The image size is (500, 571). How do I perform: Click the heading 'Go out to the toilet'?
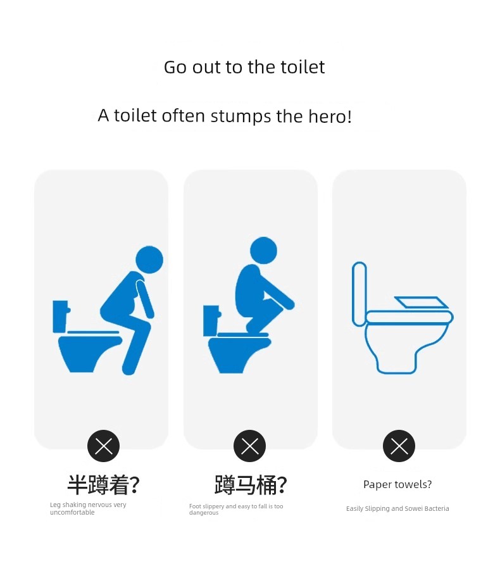(x=244, y=67)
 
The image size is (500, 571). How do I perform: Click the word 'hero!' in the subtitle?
(x=330, y=116)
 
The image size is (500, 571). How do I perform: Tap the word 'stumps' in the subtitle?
(x=241, y=117)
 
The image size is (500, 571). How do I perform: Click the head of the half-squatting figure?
(x=149, y=260)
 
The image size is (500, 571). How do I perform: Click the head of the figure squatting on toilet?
(x=264, y=250)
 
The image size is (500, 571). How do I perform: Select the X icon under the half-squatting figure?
(x=103, y=446)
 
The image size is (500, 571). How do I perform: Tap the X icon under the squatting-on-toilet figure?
(x=249, y=446)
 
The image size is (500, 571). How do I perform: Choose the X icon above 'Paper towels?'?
(x=399, y=446)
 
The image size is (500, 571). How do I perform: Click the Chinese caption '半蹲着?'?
(x=103, y=485)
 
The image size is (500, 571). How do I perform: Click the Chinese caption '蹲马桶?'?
(x=251, y=485)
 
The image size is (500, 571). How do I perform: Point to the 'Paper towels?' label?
(x=397, y=485)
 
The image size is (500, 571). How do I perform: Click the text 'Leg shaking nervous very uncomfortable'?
(x=88, y=508)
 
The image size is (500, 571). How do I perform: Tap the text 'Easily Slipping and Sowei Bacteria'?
(x=397, y=508)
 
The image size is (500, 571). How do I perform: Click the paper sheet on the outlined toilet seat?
(x=422, y=303)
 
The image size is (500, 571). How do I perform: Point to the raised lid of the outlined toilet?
(x=359, y=294)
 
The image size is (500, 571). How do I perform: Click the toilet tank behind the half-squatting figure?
(x=61, y=316)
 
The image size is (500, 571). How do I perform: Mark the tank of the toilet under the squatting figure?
(x=211, y=320)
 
